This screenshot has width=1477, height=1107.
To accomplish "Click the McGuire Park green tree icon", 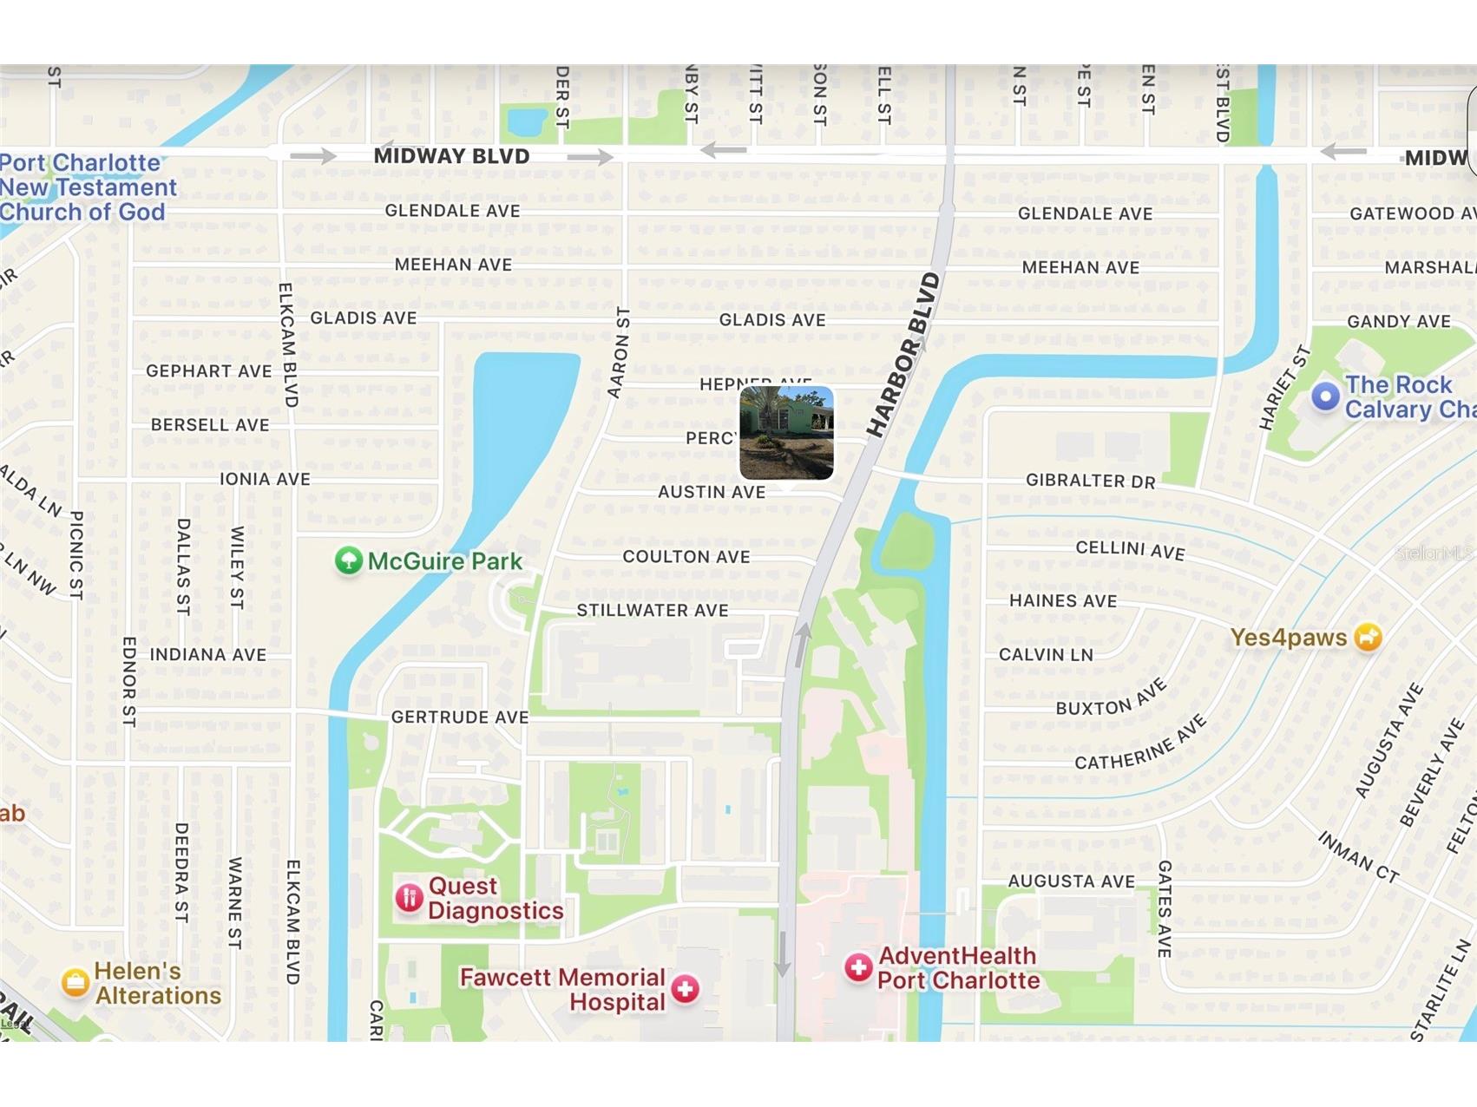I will (348, 561).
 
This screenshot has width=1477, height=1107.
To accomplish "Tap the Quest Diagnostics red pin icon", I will (409, 898).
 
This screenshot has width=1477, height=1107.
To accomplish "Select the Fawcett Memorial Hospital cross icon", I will (686, 988).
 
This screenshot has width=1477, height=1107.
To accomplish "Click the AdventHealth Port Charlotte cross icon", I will (858, 967).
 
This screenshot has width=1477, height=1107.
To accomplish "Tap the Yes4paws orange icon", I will (1368, 637).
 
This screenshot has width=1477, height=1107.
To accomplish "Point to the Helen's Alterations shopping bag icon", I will (75, 982).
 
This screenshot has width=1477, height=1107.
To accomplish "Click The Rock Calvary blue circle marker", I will (1325, 396).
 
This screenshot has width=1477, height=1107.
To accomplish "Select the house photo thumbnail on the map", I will (786, 432).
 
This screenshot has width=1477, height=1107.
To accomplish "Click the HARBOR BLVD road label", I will (903, 355).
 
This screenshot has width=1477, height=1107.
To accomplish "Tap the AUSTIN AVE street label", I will (712, 492).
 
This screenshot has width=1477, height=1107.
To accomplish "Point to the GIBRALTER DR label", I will (1090, 481).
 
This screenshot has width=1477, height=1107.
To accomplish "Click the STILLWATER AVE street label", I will (653, 611).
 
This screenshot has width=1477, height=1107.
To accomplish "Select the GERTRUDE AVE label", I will (460, 717).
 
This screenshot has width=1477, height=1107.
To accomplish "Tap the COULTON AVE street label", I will (686, 557).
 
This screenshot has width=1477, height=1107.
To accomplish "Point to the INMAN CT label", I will (1358, 856).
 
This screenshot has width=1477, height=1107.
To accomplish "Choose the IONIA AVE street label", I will (265, 479).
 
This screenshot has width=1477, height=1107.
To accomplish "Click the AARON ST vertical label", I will (619, 352).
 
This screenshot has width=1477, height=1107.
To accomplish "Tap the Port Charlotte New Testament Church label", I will (87, 187).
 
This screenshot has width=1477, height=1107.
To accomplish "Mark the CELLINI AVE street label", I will (1130, 549).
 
